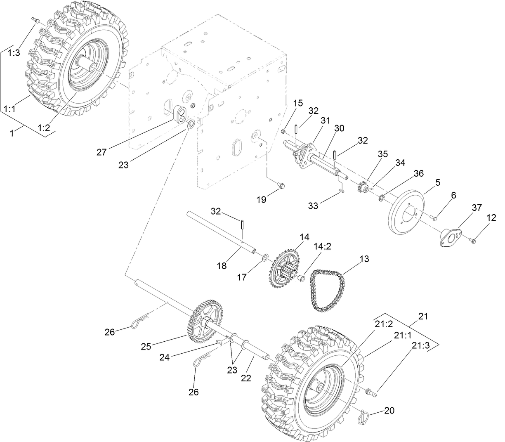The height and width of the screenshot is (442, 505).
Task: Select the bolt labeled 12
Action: [x=474, y=239]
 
